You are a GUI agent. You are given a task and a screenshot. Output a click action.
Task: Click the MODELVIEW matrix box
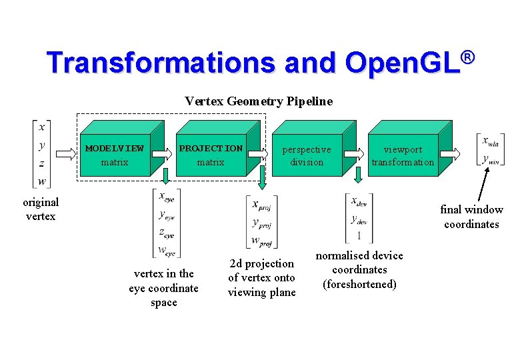click(115, 155)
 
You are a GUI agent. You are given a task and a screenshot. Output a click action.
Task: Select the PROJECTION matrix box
click(211, 155)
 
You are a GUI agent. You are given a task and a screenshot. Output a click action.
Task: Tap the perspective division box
click(306, 155)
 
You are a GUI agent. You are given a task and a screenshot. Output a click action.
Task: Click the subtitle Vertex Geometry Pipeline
click(259, 101)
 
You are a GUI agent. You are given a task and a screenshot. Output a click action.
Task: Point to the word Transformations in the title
click(161, 63)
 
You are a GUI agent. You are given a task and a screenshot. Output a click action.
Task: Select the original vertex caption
click(41, 209)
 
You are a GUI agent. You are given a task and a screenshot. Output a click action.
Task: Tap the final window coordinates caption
click(471, 217)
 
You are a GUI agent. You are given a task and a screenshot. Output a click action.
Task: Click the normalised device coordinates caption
click(359, 270)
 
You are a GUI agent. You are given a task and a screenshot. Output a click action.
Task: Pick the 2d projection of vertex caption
click(262, 277)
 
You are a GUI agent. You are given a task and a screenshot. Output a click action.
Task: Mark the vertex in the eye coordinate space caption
click(163, 287)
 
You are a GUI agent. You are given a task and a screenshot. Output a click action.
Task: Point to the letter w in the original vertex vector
click(42, 181)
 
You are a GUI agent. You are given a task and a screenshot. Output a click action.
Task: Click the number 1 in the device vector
click(359, 235)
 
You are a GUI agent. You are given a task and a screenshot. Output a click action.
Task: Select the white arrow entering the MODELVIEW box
click(67, 154)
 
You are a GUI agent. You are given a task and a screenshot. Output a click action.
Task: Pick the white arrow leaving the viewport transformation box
click(449, 154)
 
